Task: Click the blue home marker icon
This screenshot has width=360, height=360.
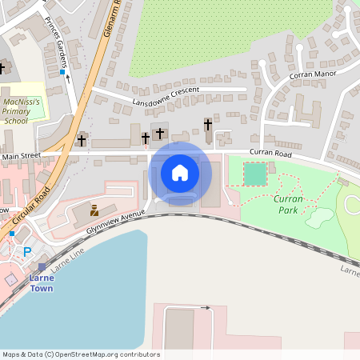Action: [180, 173]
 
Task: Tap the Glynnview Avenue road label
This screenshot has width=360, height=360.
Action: [115, 222]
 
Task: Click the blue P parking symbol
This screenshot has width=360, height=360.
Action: [27, 252]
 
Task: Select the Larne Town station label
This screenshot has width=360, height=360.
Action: [42, 283]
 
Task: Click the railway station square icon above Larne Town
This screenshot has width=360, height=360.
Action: [42, 267]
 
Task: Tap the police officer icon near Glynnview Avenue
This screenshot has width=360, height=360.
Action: [94, 210]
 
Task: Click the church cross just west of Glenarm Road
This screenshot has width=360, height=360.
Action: [82, 140]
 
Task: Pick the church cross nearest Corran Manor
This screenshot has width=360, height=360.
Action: [208, 125]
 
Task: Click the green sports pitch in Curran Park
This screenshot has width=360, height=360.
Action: [255, 174]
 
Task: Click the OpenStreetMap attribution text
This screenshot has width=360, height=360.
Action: [80, 354]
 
